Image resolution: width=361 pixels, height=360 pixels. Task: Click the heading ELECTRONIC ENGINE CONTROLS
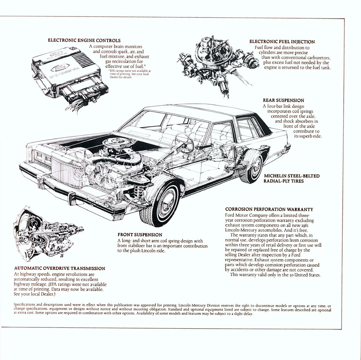[x=84, y=40]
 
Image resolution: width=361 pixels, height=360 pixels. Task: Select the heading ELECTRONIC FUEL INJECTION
[x=282, y=42]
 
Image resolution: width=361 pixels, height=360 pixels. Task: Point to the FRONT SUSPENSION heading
[x=139, y=235]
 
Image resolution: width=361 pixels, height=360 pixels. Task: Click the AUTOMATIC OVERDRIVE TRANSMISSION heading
[x=59, y=268]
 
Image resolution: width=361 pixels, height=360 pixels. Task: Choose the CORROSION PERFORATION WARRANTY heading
[x=269, y=209]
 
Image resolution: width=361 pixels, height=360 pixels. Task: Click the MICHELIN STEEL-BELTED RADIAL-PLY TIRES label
[x=292, y=178]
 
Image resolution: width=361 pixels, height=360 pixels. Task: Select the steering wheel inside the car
[x=184, y=142]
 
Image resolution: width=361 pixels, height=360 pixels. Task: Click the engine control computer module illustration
[x=64, y=68]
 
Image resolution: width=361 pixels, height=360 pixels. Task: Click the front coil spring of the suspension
[x=138, y=190]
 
